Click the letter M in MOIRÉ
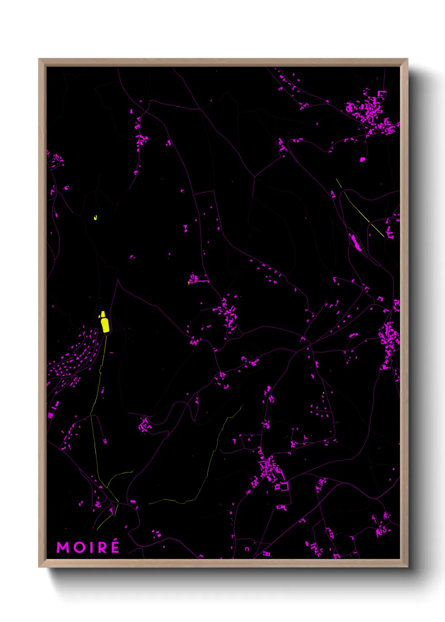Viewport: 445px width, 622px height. coord(62,547)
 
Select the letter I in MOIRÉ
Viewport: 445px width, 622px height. coord(89,547)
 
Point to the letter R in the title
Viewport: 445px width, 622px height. coord(100,547)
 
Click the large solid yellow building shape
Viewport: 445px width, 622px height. coord(105,325)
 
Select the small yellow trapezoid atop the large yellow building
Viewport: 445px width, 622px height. coord(102,314)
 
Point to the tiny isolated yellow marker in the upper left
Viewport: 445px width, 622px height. coord(95,217)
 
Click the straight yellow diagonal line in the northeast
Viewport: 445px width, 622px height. coord(360,207)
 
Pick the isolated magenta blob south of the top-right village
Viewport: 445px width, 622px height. coord(363,159)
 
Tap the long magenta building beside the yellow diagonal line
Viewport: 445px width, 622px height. coord(355,243)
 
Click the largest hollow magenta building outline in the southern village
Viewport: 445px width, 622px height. coord(284,486)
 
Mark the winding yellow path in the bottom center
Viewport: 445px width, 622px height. coord(210,462)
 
